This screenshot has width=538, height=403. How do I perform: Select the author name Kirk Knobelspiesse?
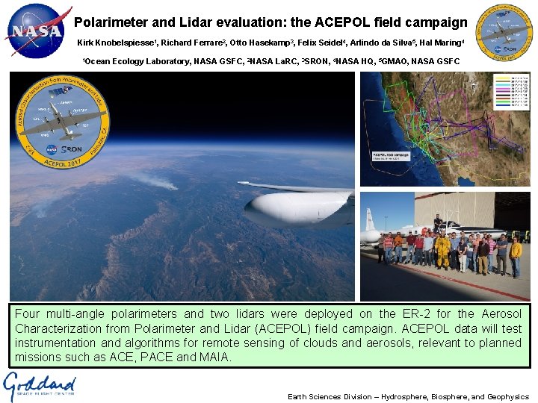point(114,43)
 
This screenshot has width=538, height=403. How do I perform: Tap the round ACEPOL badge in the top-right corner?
point(505,32)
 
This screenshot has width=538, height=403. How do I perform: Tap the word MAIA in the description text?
point(217,357)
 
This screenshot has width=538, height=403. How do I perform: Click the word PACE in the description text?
point(170,357)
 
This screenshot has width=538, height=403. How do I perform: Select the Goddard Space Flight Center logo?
point(40,387)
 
